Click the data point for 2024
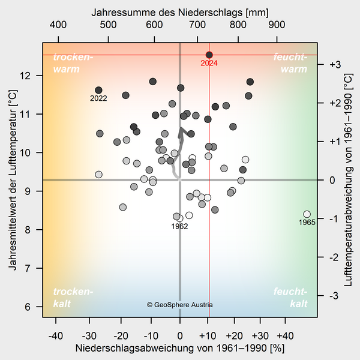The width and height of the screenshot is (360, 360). (209, 55)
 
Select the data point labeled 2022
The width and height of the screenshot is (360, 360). (99, 90)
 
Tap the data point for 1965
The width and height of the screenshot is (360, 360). (307, 214)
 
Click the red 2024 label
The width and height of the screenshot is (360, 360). (209, 63)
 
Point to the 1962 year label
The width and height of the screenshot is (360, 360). (179, 226)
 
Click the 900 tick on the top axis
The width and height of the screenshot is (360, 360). (277, 25)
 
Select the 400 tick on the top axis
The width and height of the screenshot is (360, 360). (58, 25)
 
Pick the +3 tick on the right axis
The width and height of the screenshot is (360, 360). (334, 64)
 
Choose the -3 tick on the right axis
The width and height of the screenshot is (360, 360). (334, 296)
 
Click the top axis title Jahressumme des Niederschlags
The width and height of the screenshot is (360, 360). (180, 12)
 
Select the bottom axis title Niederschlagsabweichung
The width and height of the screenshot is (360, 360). (180, 348)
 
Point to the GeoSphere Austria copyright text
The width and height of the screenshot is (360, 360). (180, 305)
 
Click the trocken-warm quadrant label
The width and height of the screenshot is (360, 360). (73, 63)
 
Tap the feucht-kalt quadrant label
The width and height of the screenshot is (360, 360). (290, 298)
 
